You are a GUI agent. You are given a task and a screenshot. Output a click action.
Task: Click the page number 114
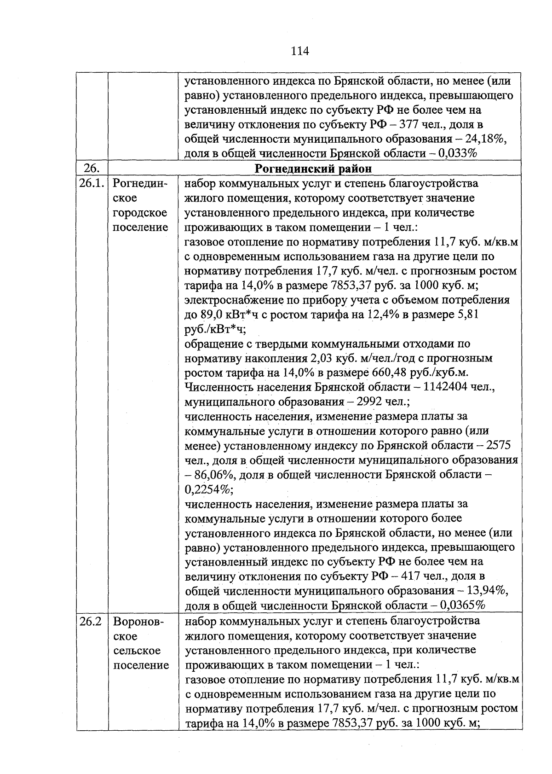pyautogui.click(x=299, y=51)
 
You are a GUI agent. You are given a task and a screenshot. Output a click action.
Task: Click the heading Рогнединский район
pyautogui.click(x=313, y=169)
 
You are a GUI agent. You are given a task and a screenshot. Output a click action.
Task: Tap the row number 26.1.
pyautogui.click(x=92, y=184)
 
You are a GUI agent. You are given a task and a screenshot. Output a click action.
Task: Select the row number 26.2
pyautogui.click(x=90, y=621)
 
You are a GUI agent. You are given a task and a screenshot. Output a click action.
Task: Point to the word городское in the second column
pyautogui.click(x=140, y=213)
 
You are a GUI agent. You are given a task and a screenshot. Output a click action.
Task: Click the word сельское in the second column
pyautogui.click(x=137, y=651)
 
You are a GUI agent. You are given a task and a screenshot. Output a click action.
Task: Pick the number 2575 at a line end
pyautogui.click(x=498, y=445)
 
